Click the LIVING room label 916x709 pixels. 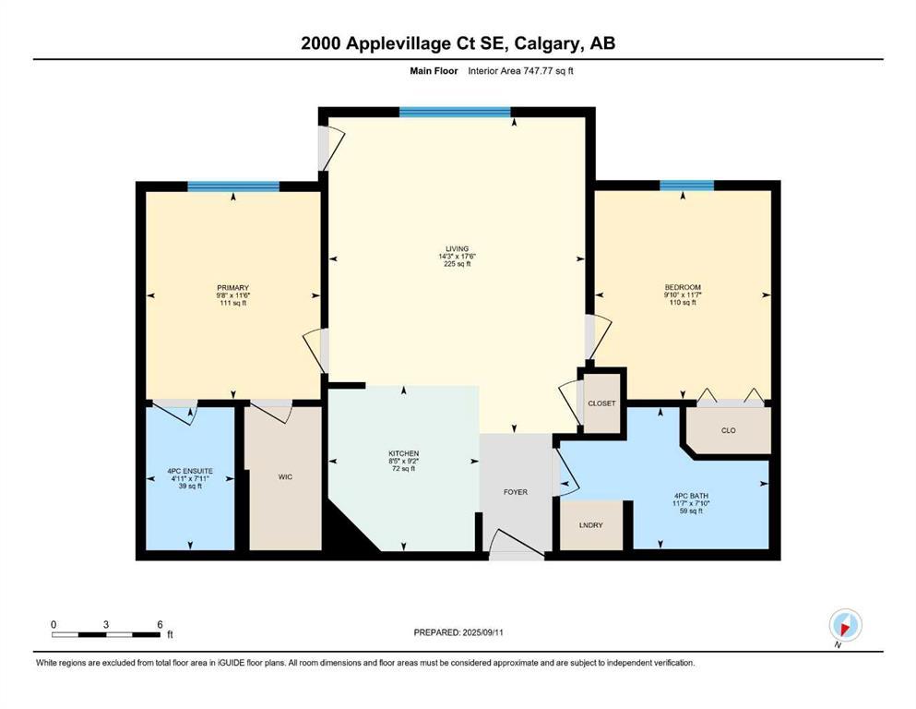pyautogui.click(x=458, y=248)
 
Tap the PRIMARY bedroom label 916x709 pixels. pyautogui.click(x=232, y=287)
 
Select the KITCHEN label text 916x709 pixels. pyautogui.click(x=404, y=453)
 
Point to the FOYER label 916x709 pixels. pyautogui.click(x=515, y=492)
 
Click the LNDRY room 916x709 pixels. pyautogui.click(x=590, y=525)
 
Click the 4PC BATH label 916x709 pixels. pyautogui.click(x=685, y=495)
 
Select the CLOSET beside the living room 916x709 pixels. pyautogui.click(x=601, y=403)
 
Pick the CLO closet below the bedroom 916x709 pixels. pyautogui.click(x=729, y=430)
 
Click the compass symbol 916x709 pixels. pyautogui.click(x=845, y=625)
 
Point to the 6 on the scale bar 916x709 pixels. pyautogui.click(x=161, y=625)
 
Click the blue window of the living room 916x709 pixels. pyautogui.click(x=455, y=113)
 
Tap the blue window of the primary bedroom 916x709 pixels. pyautogui.click(x=232, y=186)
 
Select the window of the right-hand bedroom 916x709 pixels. pyautogui.click(x=686, y=186)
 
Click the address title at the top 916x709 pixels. pyautogui.click(x=458, y=44)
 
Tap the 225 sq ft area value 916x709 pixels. pyautogui.click(x=458, y=264)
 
